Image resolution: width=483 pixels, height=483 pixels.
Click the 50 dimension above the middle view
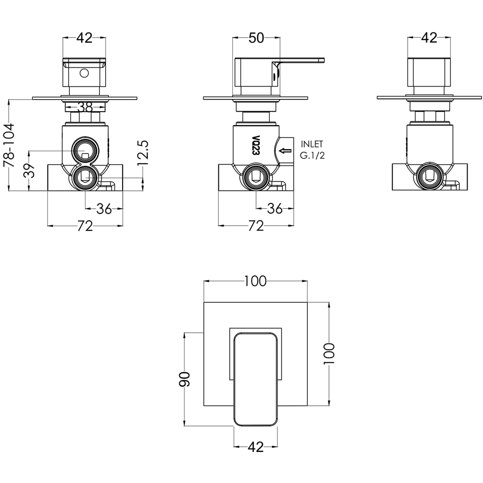point(256,38)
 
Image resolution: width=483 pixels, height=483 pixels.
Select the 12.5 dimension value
point(143,153)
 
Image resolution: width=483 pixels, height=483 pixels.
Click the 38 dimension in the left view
point(85,107)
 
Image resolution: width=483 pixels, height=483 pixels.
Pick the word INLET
point(312,144)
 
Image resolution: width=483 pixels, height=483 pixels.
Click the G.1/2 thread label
point(313,155)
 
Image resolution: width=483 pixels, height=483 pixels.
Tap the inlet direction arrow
point(285,151)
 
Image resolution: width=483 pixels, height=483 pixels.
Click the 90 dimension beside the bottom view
point(184,379)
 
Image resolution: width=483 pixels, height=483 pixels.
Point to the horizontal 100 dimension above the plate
point(256,281)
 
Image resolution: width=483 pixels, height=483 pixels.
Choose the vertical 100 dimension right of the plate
point(329,354)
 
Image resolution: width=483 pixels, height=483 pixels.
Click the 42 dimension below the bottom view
point(256,447)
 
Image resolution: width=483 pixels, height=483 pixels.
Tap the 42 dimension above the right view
point(429,38)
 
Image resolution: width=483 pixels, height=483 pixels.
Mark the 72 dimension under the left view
point(85,226)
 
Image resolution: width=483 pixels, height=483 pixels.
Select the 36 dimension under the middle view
point(275,209)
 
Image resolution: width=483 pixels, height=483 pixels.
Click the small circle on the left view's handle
point(84,73)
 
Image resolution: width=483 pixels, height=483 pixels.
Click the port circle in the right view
point(429,178)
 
